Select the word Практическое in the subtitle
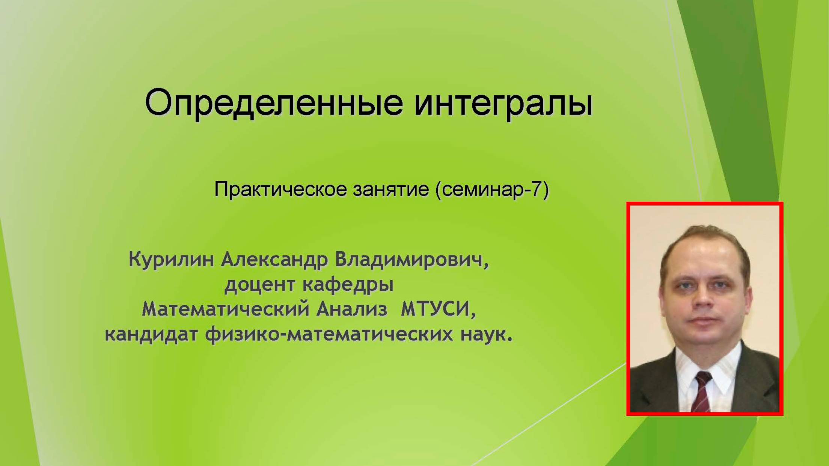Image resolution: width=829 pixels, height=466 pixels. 280,189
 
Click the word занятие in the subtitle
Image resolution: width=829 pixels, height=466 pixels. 391,189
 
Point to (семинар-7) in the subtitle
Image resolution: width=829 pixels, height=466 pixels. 492,189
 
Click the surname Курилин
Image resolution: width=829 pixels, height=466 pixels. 171,259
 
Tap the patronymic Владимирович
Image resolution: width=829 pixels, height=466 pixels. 412,259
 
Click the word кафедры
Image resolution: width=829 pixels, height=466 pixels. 348,284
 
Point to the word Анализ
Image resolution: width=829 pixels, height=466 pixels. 351,310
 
